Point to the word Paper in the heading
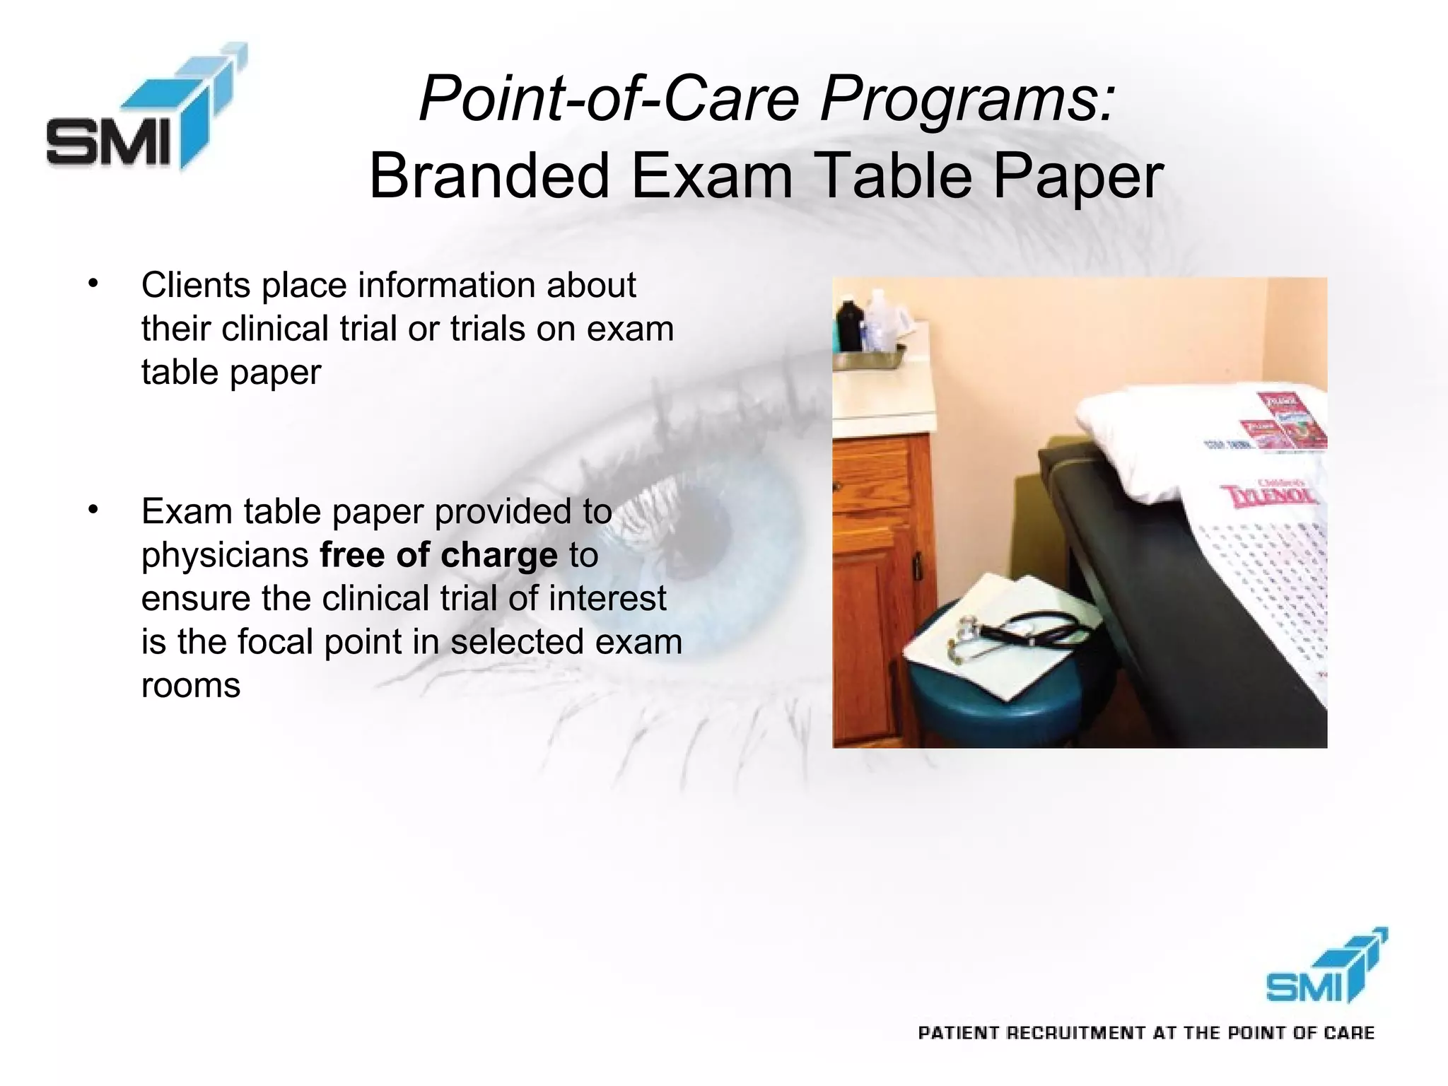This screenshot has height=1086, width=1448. [1078, 176]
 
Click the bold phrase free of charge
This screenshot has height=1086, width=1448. [438, 555]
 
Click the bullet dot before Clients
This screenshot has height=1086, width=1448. [93, 284]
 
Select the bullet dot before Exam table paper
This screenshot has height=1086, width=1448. [93, 509]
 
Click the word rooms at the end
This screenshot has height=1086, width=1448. [191, 685]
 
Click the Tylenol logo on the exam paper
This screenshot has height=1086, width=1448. [1270, 495]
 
